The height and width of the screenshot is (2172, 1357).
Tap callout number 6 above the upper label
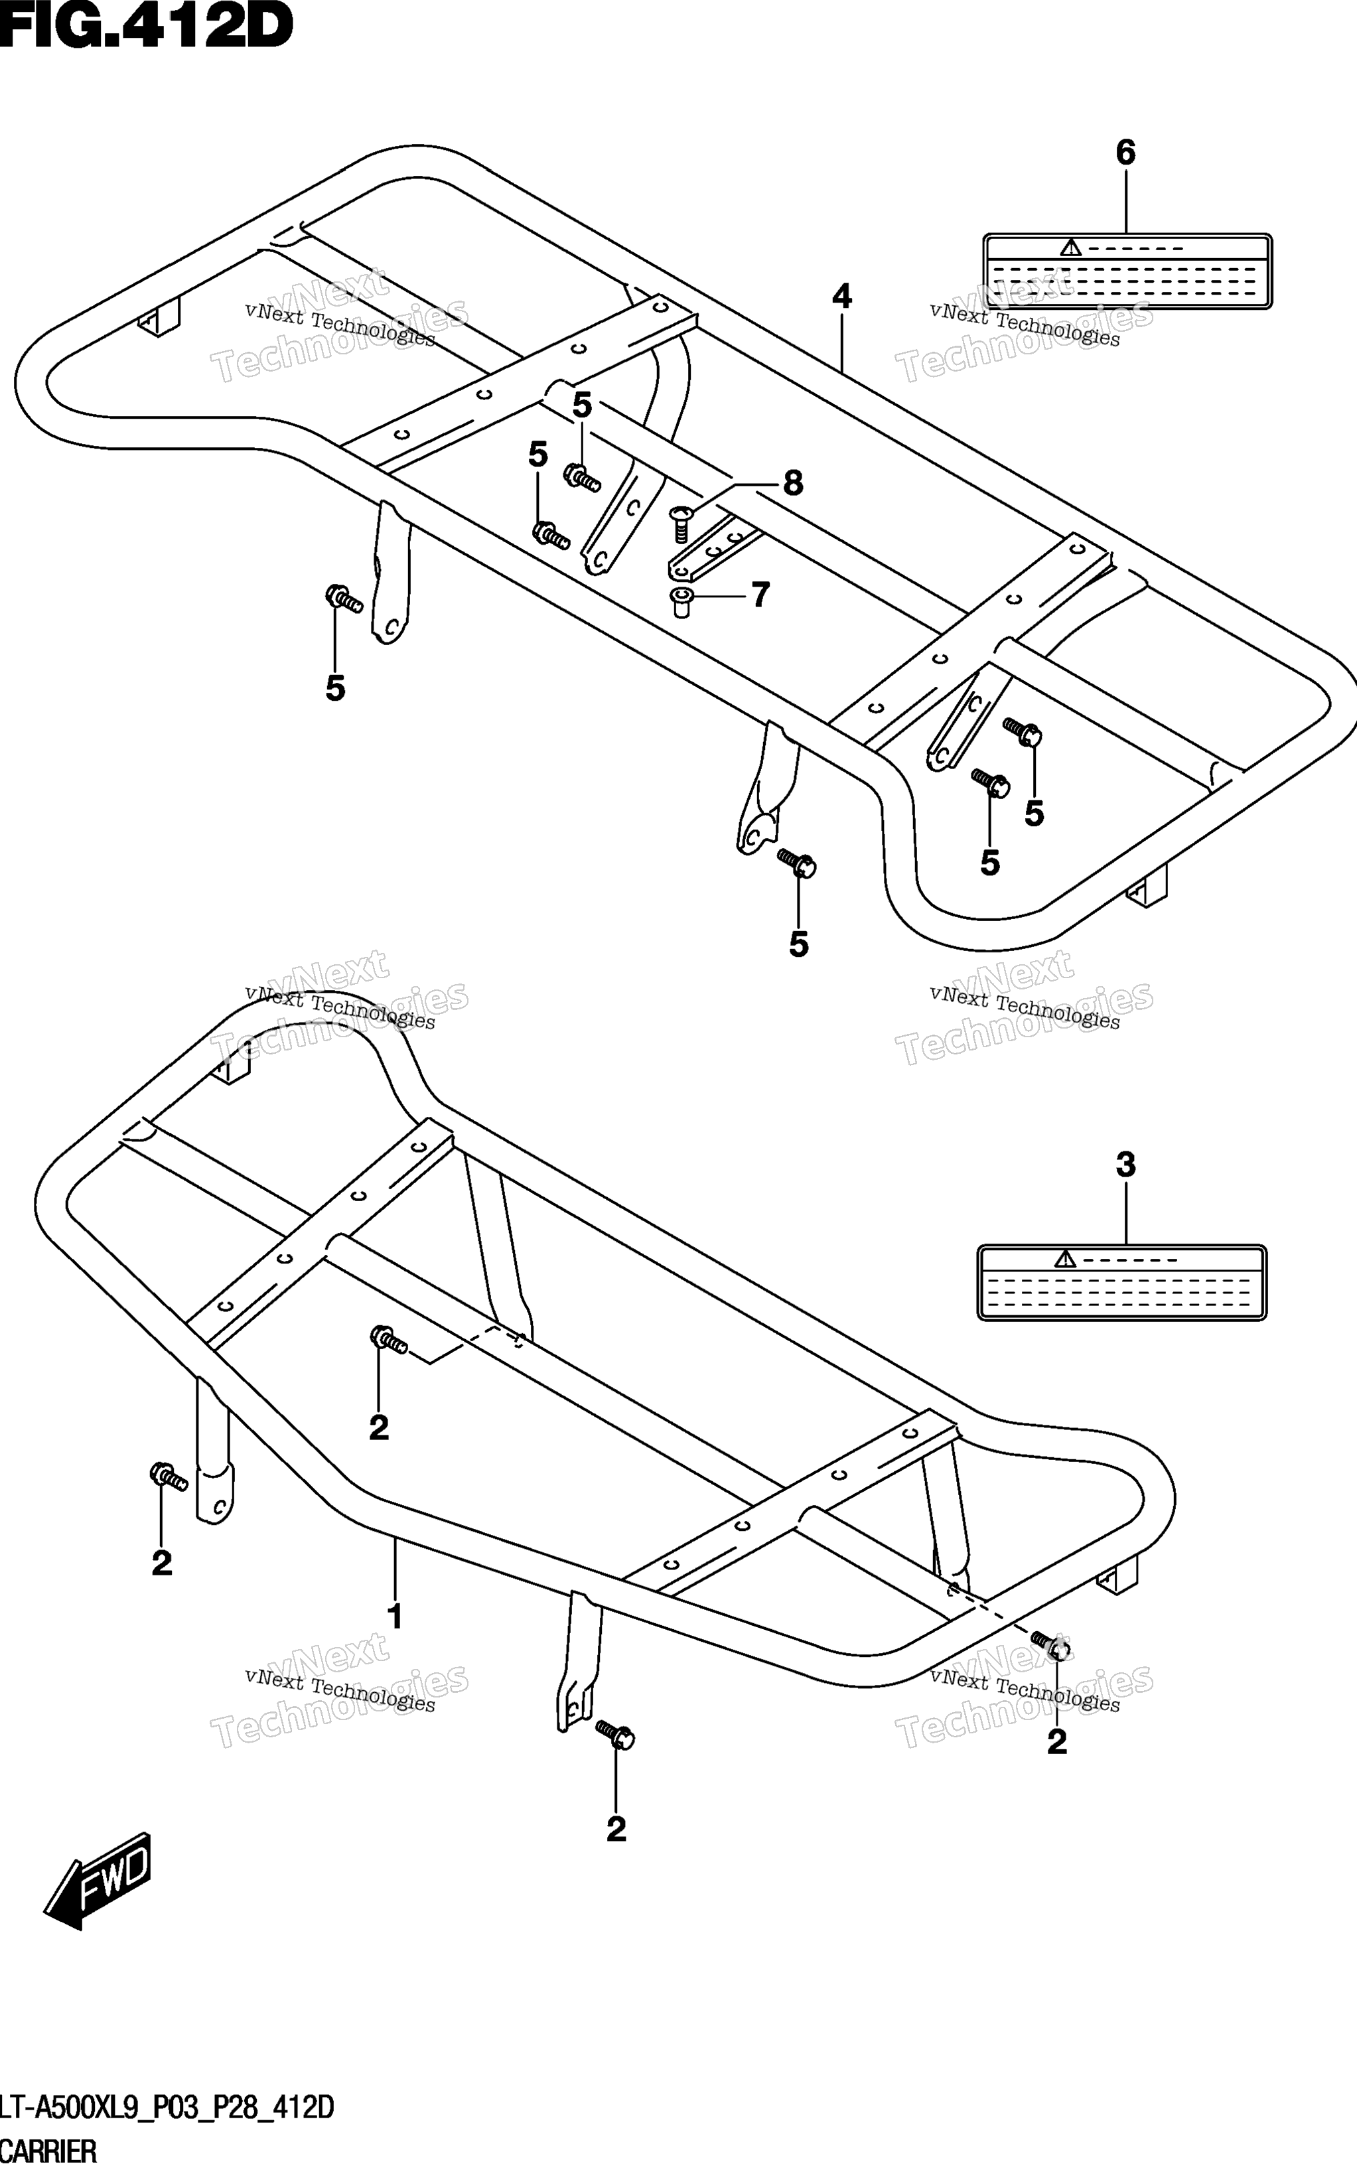pos(1125,153)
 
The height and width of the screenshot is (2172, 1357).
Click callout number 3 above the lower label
pos(1125,1165)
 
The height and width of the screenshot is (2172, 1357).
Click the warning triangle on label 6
pos(1070,248)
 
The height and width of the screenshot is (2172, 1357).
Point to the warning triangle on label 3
pos(1065,1260)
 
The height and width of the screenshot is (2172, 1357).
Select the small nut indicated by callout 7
pos(681,603)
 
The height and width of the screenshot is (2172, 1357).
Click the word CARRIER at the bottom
pos(48,2152)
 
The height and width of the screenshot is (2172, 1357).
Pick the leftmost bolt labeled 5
pos(344,599)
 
